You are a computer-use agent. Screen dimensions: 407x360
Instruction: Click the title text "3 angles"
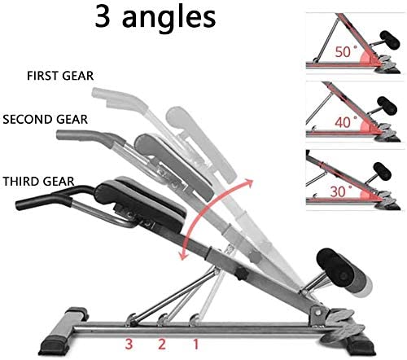155,19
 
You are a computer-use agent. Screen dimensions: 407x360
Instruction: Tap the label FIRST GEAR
60,76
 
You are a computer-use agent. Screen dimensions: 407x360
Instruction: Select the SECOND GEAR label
46,120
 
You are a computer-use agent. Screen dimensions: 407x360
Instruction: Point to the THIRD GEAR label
38,182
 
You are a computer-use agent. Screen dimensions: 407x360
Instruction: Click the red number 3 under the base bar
129,344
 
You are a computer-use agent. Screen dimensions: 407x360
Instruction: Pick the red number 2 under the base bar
162,344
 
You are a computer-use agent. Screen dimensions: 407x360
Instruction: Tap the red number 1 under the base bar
195,344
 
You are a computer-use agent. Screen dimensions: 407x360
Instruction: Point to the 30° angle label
341,191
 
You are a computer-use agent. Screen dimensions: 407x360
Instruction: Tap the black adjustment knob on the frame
241,274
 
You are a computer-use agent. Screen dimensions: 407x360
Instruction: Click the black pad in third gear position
141,204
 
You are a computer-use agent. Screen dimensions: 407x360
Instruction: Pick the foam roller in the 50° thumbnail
390,40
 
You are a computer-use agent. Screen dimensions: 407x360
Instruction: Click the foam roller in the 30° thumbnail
383,172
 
